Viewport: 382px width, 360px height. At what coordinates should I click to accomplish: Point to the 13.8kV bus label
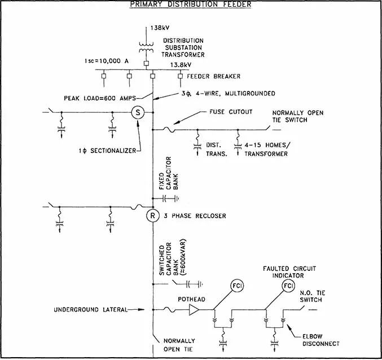click(x=181, y=65)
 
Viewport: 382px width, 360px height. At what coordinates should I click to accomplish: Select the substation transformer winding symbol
click(x=146, y=47)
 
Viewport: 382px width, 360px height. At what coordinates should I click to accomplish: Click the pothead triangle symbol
click(x=194, y=310)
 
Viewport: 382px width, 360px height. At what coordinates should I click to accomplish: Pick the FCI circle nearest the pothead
click(x=237, y=286)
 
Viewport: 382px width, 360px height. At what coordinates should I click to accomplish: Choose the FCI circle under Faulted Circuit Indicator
click(x=288, y=286)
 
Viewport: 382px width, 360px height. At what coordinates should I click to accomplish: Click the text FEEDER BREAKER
click(x=214, y=76)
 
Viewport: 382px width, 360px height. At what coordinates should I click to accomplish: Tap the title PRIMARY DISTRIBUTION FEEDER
click(x=191, y=4)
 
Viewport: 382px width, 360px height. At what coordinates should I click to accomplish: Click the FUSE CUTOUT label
click(x=231, y=112)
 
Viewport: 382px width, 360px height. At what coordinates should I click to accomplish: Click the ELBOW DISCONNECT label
click(x=321, y=340)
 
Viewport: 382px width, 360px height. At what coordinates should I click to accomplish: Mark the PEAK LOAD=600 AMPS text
click(x=100, y=98)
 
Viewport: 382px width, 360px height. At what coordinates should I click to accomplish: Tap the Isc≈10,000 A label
click(x=107, y=61)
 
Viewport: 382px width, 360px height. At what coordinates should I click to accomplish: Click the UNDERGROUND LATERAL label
click(x=91, y=310)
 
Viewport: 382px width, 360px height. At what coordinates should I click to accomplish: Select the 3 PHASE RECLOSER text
click(x=195, y=216)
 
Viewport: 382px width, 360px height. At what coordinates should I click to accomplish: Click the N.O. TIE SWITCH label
click(x=313, y=296)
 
